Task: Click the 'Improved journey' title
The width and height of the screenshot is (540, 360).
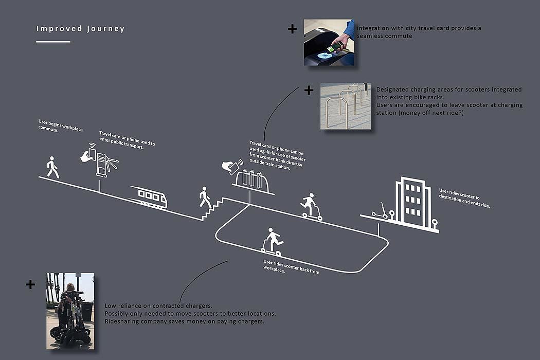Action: [80, 29]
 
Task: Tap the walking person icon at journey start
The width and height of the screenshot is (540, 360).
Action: [52, 168]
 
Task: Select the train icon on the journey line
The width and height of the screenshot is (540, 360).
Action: [149, 197]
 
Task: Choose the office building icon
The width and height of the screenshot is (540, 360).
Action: [412, 203]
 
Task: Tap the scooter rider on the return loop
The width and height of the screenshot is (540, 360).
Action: [272, 242]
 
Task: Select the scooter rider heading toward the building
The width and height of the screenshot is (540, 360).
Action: [310, 207]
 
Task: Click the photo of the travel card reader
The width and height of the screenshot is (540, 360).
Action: [329, 43]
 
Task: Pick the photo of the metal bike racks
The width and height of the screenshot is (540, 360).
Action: [345, 106]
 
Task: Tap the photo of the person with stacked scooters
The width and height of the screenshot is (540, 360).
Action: [70, 311]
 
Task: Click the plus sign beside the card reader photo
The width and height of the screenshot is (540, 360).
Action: [292, 29]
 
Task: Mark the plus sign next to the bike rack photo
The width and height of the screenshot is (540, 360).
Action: [309, 91]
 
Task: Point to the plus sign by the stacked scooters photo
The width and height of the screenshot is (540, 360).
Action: [31, 284]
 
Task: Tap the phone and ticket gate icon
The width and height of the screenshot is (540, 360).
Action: [100, 160]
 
